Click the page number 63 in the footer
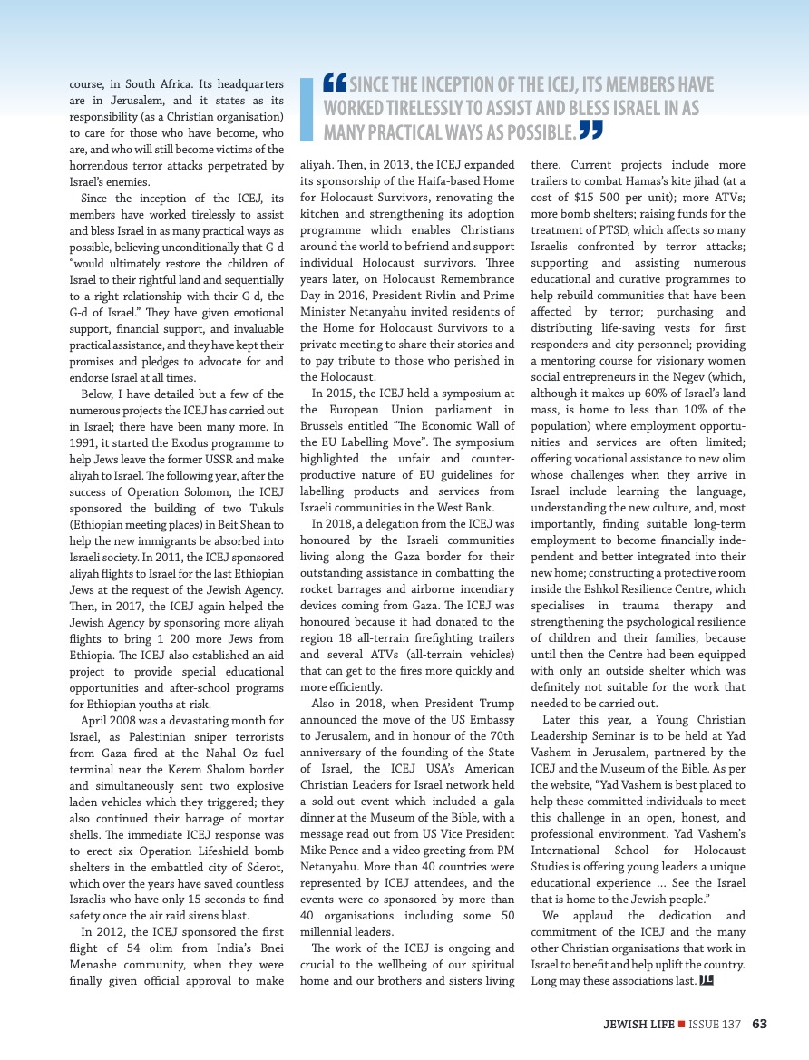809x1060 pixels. click(x=759, y=1025)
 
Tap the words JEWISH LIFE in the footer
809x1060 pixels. click(x=638, y=1025)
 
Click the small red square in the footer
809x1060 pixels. click(x=680, y=1025)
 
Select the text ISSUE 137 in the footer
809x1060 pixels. click(x=715, y=1025)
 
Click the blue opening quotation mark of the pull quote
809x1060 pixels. click(x=336, y=83)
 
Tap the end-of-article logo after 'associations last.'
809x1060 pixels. click(x=707, y=980)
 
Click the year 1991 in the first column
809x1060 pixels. click(x=84, y=443)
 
